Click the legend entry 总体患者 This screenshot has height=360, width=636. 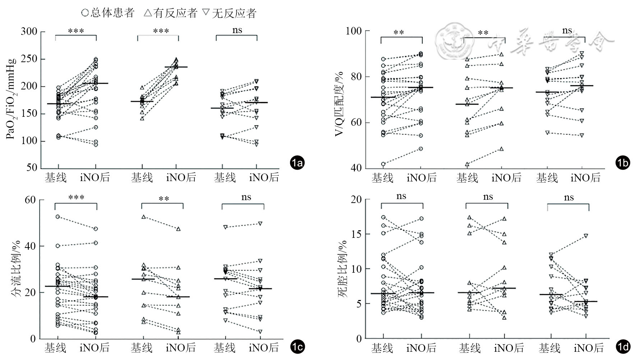[107, 13]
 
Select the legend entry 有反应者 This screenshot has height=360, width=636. [171, 13]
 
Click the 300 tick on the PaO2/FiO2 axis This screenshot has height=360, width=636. [29, 32]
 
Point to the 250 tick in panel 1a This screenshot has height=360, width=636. [29, 59]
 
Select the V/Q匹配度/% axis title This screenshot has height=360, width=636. [338, 104]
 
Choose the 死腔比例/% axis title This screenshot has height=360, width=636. [342, 269]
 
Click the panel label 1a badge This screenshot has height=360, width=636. [297, 163]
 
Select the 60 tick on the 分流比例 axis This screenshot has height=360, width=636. [30, 200]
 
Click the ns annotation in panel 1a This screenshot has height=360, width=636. [237, 30]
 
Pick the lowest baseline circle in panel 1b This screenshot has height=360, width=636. [383, 164]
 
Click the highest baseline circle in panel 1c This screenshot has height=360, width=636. [57, 217]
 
